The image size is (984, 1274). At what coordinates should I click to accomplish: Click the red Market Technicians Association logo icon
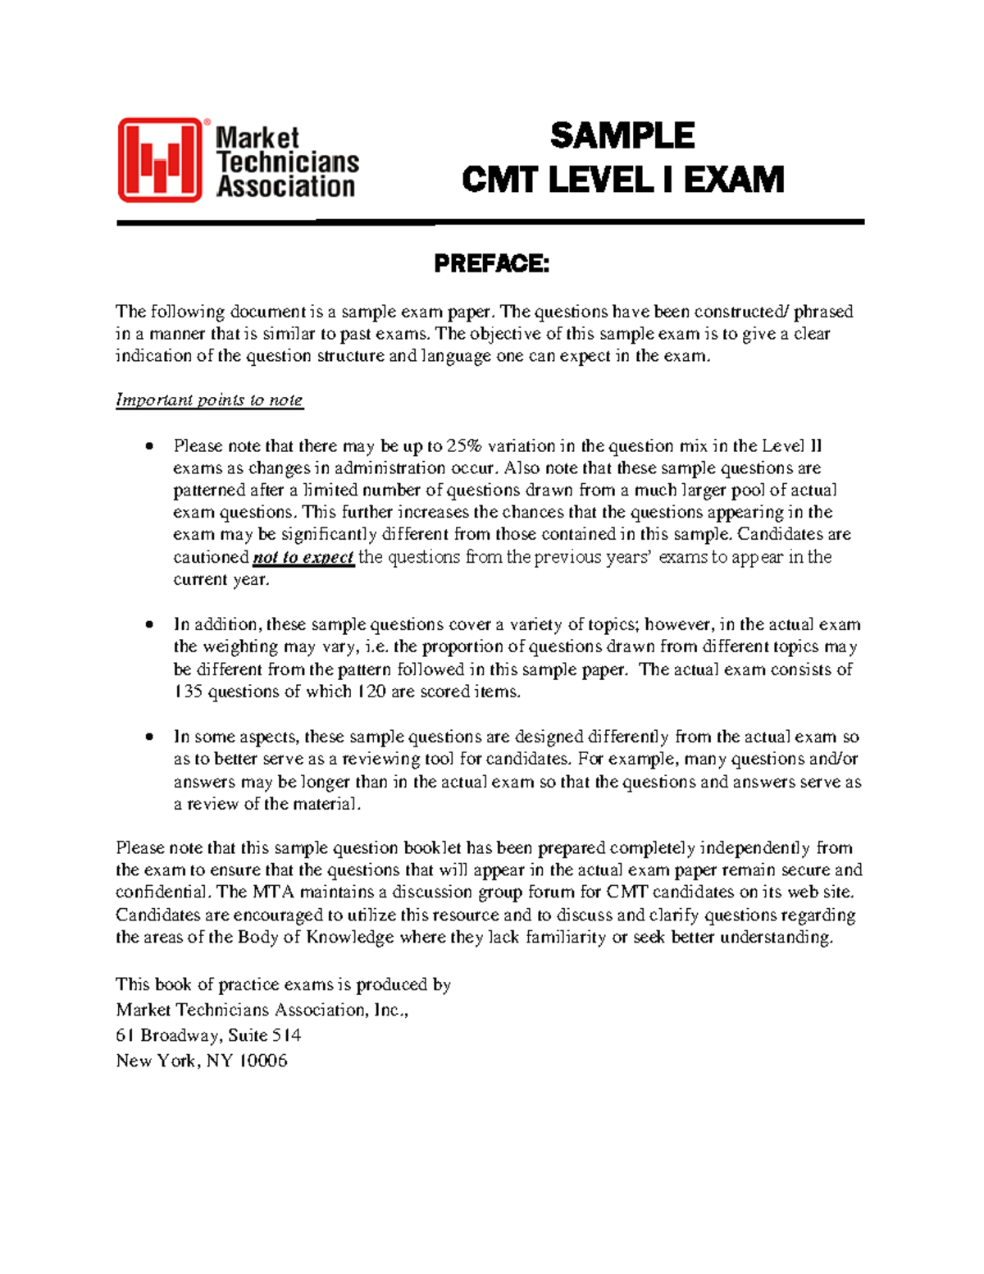pyautogui.click(x=160, y=160)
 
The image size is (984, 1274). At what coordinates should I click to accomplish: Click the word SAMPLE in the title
pyautogui.click(x=622, y=136)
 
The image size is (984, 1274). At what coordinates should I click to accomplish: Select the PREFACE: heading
pyautogui.click(x=490, y=264)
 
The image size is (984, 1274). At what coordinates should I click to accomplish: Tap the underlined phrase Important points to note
pyautogui.click(x=209, y=400)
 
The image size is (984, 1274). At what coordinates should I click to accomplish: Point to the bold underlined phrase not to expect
pyautogui.click(x=303, y=558)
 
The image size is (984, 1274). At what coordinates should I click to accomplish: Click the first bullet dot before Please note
pyautogui.click(x=149, y=447)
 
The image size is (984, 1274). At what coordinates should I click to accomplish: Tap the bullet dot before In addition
pyautogui.click(x=149, y=625)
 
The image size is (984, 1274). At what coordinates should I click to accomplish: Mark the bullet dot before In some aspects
pyautogui.click(x=149, y=737)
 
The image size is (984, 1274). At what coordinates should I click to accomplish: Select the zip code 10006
pyautogui.click(x=262, y=1061)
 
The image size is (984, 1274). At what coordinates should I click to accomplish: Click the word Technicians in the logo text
pyautogui.click(x=287, y=162)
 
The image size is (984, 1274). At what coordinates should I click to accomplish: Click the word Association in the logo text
pyautogui.click(x=285, y=186)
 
